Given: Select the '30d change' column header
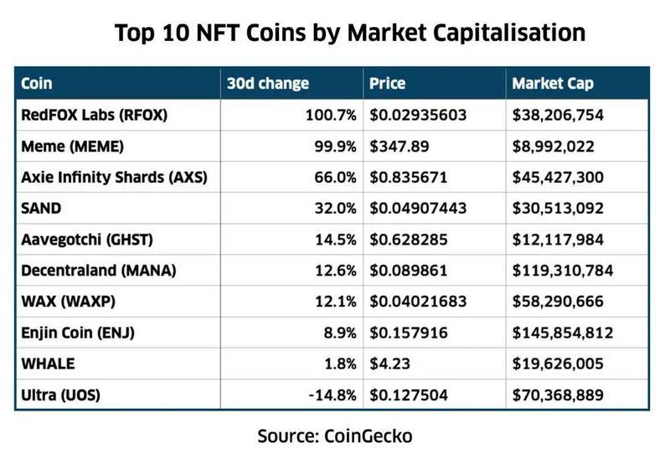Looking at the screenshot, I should [x=268, y=84].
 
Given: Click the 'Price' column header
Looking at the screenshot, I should [x=387, y=84].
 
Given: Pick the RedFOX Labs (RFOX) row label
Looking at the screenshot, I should [x=94, y=115].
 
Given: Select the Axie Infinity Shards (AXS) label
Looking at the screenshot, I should [x=113, y=178].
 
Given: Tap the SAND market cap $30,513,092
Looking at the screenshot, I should [x=559, y=209].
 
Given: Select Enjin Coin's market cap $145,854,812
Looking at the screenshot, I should [x=563, y=333].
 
